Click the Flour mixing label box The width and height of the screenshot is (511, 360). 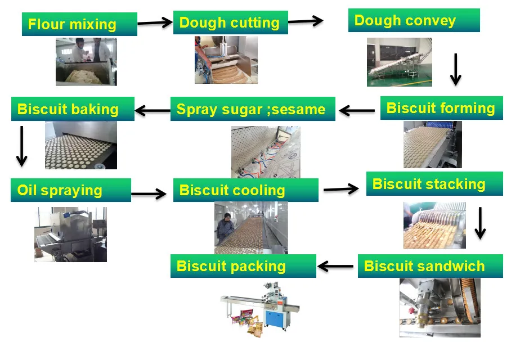click(79, 24)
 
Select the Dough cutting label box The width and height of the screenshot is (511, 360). click(230, 22)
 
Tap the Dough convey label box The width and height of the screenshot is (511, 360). click(414, 20)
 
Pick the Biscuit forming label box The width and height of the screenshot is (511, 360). click(442, 108)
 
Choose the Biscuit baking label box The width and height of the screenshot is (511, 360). click(73, 109)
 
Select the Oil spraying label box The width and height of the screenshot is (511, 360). click(71, 190)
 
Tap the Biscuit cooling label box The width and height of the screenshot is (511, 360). click(246, 190)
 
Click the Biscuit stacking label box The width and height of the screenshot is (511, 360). click(434, 184)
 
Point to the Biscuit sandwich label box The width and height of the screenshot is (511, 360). click(430, 266)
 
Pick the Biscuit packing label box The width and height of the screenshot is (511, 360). click(243, 266)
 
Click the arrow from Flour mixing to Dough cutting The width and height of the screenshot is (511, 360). click(155, 23)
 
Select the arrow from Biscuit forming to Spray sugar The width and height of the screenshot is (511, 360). click(357, 111)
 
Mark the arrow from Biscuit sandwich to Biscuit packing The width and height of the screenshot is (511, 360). click(335, 267)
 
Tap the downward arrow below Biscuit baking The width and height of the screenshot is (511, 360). click(22, 146)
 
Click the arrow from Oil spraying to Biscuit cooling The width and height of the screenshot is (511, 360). click(149, 194)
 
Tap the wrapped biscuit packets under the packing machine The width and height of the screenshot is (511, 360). click(248, 321)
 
